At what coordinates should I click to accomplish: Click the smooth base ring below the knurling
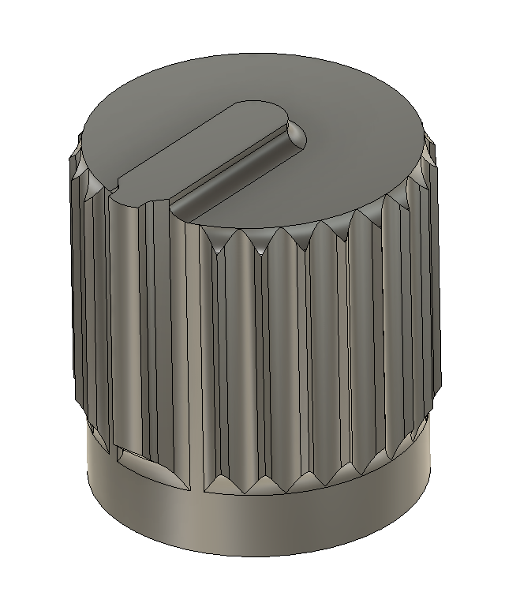pos(260,525)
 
